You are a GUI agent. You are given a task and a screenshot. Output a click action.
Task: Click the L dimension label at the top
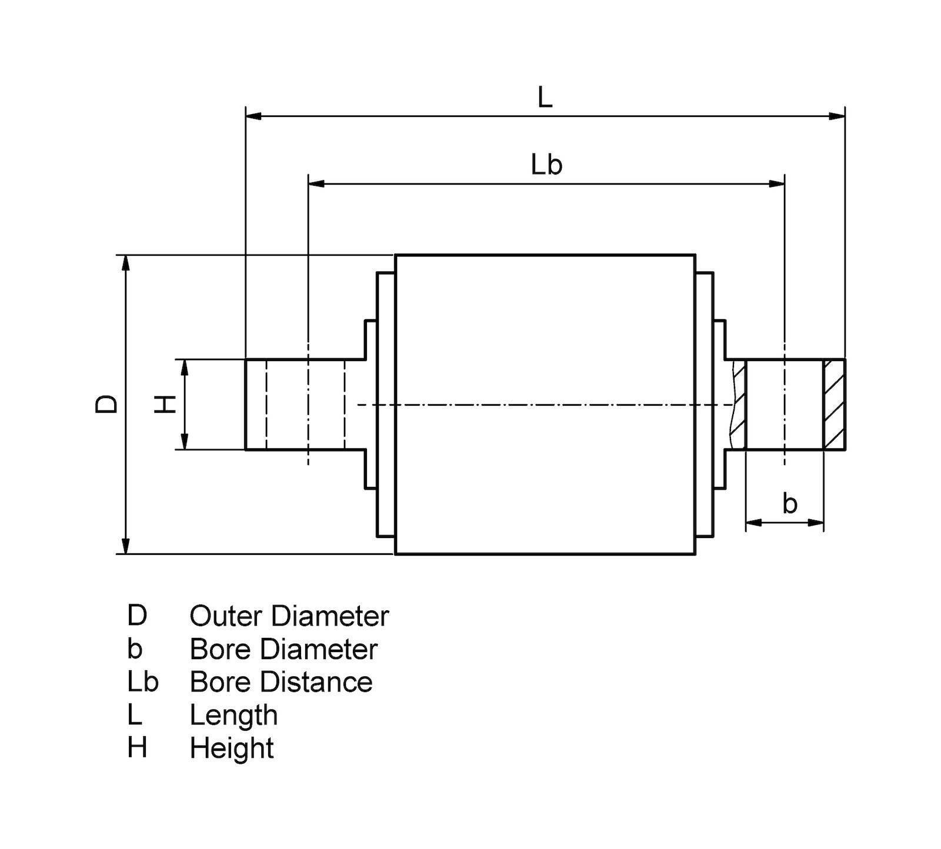point(545,98)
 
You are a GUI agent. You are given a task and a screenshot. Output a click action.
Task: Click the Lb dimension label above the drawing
point(546,165)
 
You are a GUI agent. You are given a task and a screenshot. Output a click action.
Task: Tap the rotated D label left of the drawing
point(107,404)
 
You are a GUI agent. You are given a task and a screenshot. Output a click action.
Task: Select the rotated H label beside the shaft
point(166,404)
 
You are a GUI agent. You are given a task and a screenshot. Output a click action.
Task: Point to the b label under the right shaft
point(790,504)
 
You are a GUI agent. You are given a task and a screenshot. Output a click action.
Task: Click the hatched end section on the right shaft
point(834,405)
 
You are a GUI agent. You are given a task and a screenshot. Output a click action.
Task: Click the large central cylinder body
point(545,405)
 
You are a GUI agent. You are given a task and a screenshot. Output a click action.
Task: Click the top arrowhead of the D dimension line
point(125,263)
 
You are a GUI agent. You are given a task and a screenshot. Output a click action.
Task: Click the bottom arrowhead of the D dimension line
point(125,546)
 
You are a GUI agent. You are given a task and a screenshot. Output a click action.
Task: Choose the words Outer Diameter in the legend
point(289,616)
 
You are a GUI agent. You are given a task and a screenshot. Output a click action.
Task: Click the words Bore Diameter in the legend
point(283,649)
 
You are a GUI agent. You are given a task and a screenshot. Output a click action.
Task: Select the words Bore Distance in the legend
point(281,682)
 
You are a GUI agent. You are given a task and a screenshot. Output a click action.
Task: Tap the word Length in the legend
point(233,716)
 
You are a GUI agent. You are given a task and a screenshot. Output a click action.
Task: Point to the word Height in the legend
point(231,748)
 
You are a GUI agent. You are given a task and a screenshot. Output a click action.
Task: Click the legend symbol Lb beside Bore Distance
point(142,682)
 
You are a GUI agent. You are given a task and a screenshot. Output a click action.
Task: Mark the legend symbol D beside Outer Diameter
point(136,616)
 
